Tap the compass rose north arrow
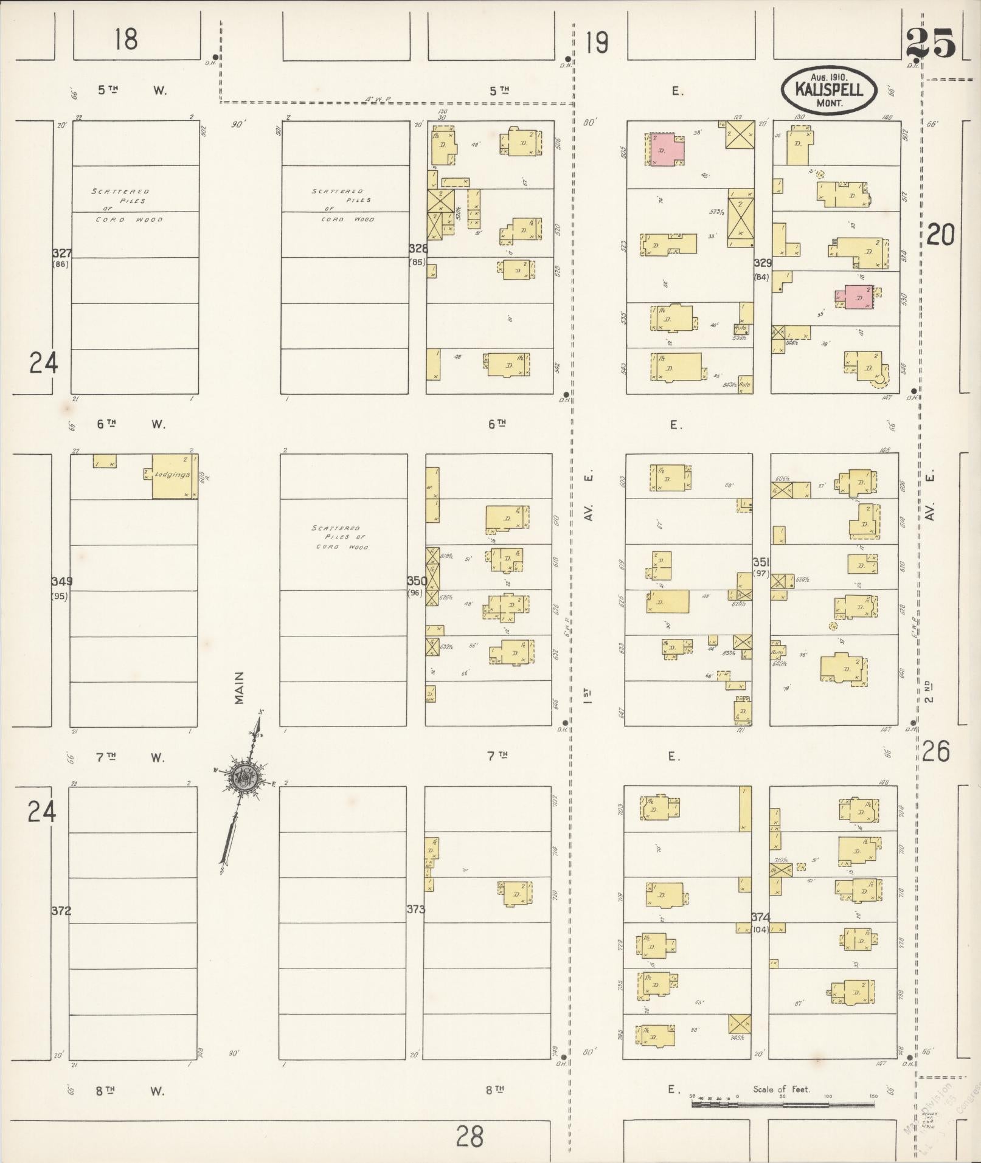pyautogui.click(x=243, y=778)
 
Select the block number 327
pyautogui.click(x=61, y=254)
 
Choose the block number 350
pyautogui.click(x=417, y=581)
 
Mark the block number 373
pyautogui.click(x=415, y=909)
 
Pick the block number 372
pyautogui.click(x=61, y=911)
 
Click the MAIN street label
pyautogui.click(x=240, y=688)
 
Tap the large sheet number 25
pyautogui.click(x=931, y=44)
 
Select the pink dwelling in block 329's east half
pyautogui.click(x=858, y=297)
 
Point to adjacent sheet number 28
pyautogui.click(x=470, y=1135)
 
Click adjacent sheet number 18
pyautogui.click(x=125, y=40)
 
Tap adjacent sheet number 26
pyautogui.click(x=935, y=752)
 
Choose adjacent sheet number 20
pyautogui.click(x=940, y=234)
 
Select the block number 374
pyautogui.click(x=760, y=916)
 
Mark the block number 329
pyautogui.click(x=763, y=263)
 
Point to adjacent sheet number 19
pyautogui.click(x=597, y=43)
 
